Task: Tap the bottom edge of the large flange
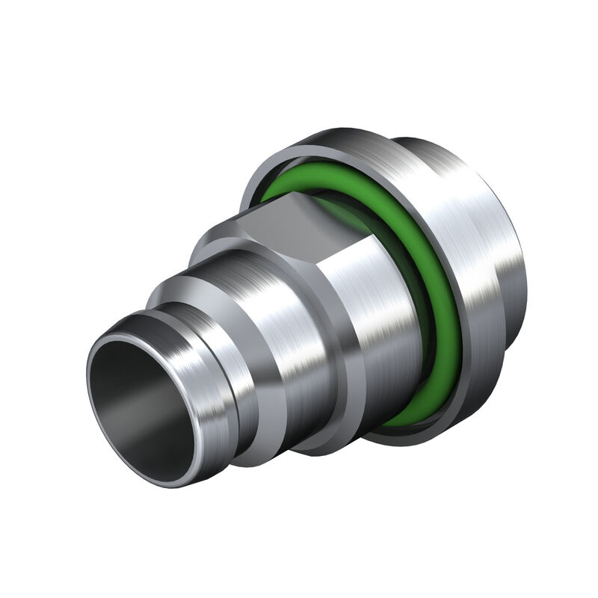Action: click(419, 441)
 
